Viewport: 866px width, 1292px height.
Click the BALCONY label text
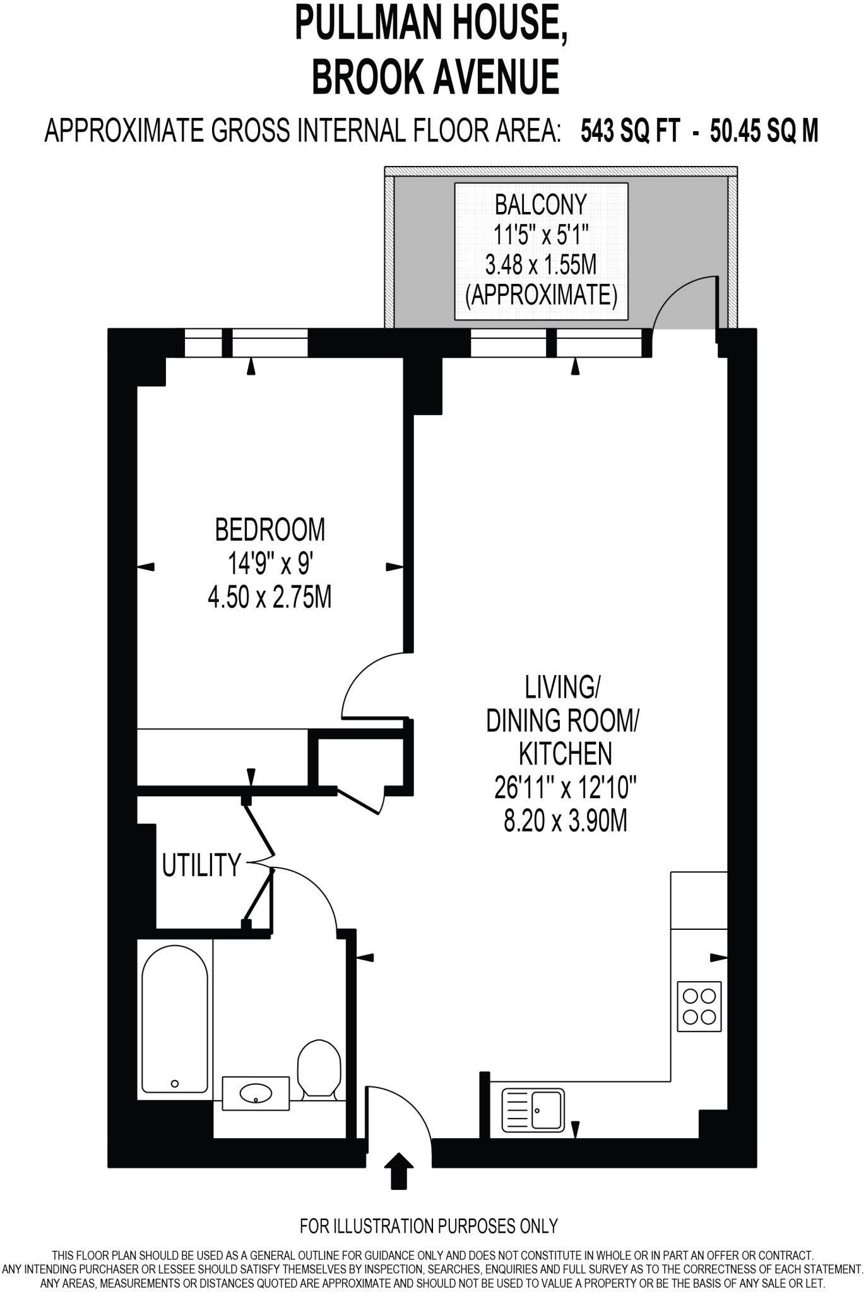click(x=540, y=205)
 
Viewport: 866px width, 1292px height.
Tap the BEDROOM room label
click(x=270, y=530)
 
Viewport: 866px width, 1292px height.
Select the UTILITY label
click(x=201, y=866)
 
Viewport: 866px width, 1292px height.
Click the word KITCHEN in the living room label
click(x=565, y=753)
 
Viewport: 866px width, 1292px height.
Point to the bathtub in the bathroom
click(x=174, y=1018)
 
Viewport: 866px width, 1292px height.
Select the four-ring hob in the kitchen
click(x=699, y=1007)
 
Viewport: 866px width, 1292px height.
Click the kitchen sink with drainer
click(x=533, y=1111)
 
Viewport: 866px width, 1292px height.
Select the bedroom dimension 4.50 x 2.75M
click(x=270, y=597)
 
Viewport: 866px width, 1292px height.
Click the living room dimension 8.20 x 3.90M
click(x=565, y=821)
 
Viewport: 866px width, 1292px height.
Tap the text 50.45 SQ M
click(x=764, y=132)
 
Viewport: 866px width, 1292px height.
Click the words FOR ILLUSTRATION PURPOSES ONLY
click(x=429, y=1226)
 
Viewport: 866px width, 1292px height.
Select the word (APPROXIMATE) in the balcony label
click(x=541, y=295)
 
